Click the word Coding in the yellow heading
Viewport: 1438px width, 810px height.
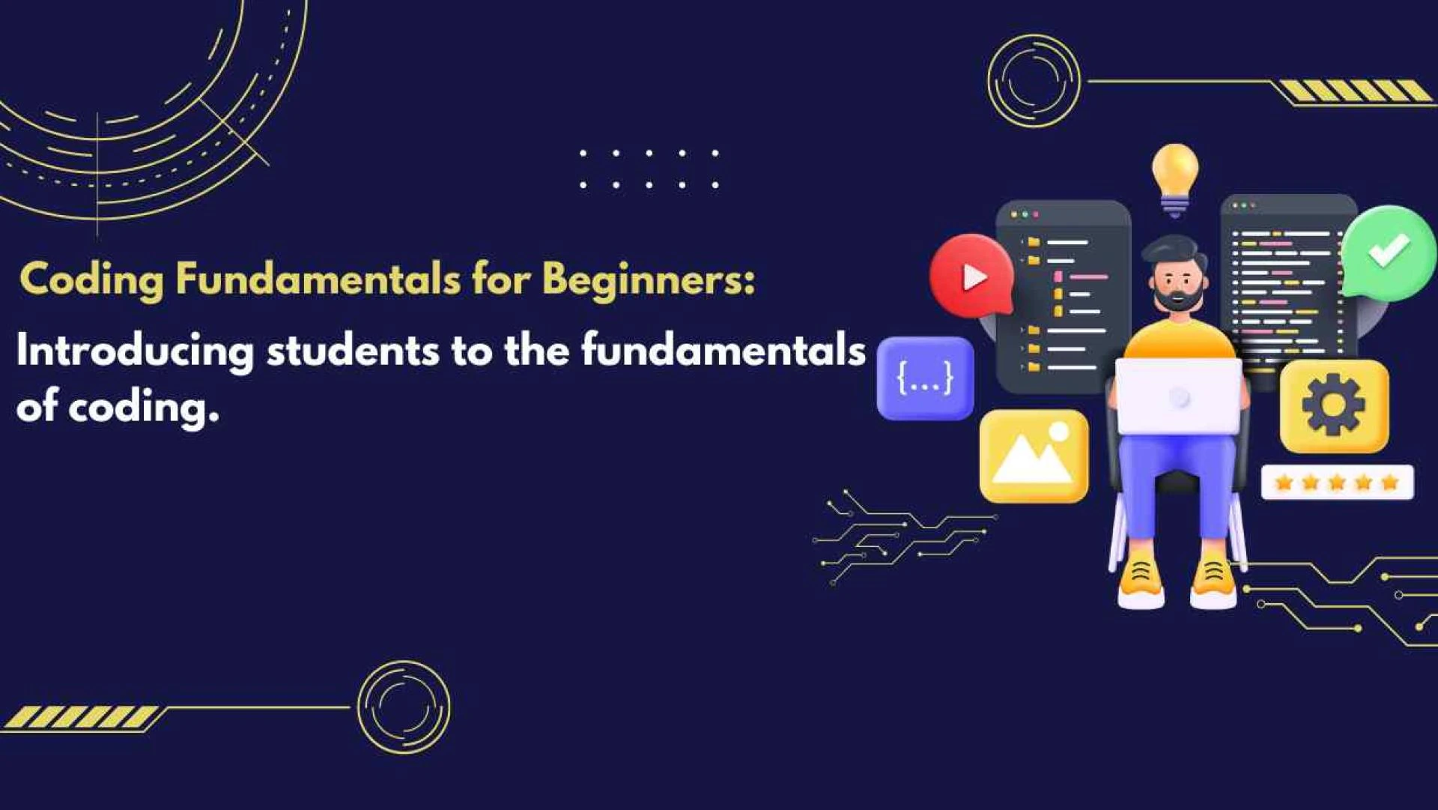click(x=91, y=280)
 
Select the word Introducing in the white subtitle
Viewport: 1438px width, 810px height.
click(x=135, y=351)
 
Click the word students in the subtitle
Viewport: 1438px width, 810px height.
click(x=352, y=351)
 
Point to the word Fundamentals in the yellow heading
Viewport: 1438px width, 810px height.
click(x=318, y=279)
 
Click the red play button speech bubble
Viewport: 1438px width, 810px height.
click(x=971, y=276)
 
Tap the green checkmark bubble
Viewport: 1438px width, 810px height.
click(x=1388, y=253)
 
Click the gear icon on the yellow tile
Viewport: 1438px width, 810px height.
click(x=1333, y=405)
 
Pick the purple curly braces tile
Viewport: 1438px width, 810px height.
click(x=925, y=378)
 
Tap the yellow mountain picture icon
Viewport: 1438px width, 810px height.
click(x=1034, y=456)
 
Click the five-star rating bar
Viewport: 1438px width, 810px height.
click(x=1337, y=483)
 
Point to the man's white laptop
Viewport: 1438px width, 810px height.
click(x=1178, y=396)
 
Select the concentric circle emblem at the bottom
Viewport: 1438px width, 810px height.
click(x=404, y=707)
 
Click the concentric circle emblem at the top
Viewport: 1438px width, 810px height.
click(x=1033, y=81)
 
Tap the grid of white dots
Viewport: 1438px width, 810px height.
click(x=649, y=169)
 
